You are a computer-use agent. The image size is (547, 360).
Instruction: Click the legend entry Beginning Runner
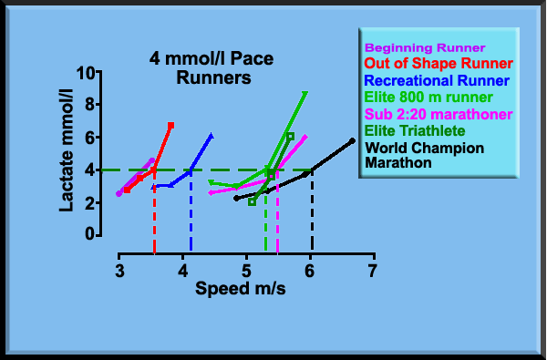click(x=425, y=47)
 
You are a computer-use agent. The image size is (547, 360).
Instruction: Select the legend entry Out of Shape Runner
click(x=439, y=64)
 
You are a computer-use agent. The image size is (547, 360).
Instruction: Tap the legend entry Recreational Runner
click(x=437, y=80)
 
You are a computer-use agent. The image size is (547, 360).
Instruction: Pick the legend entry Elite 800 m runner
click(x=428, y=97)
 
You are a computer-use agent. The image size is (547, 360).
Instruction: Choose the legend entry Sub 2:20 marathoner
click(x=437, y=114)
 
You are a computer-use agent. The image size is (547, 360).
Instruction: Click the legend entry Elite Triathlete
click(x=413, y=130)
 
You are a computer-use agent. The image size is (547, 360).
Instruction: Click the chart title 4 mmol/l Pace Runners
click(x=212, y=69)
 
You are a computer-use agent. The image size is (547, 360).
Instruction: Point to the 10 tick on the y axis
click(x=88, y=73)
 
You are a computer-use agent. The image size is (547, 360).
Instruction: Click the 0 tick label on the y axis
click(x=91, y=234)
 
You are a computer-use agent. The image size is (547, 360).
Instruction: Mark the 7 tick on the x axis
click(x=373, y=272)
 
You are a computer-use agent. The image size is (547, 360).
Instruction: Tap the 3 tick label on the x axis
click(x=119, y=272)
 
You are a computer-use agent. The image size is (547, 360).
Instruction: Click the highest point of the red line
click(x=170, y=125)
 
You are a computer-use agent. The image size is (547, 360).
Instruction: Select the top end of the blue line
click(x=212, y=136)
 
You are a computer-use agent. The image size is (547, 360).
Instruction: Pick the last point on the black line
click(x=353, y=140)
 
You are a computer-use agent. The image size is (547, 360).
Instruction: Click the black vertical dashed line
click(x=312, y=210)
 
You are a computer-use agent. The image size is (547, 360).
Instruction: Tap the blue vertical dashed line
click(x=191, y=210)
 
